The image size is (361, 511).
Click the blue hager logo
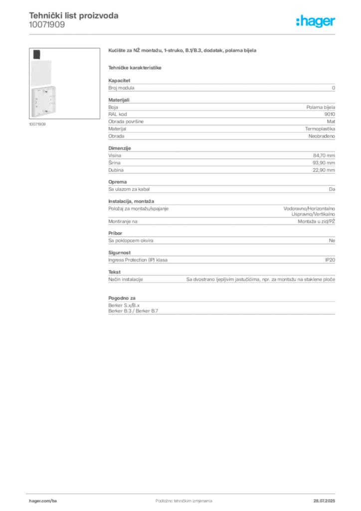(x=317, y=21)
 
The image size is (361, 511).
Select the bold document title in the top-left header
(x=74, y=15)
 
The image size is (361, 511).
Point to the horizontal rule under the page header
(x=183, y=34)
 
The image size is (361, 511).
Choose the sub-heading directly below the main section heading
(x=136, y=67)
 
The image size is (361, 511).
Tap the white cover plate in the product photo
(x=43, y=71)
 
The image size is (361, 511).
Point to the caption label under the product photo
(x=38, y=125)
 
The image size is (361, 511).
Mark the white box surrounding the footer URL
(x=56, y=501)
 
